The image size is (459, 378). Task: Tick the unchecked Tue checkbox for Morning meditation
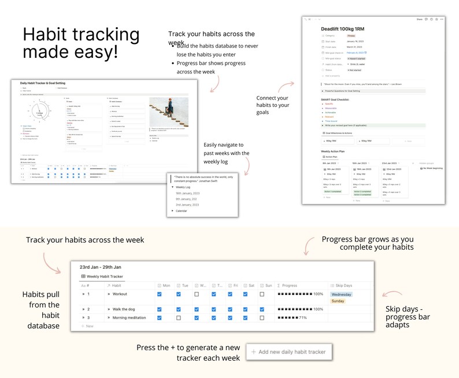[x=179, y=317]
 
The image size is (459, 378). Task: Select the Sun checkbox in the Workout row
[x=262, y=294]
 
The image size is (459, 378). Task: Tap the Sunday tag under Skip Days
[x=338, y=301]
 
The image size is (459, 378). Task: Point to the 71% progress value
[x=303, y=317]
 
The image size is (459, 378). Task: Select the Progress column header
[x=290, y=285]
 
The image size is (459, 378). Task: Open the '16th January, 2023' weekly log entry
[x=187, y=193]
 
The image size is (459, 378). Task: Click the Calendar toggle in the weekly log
[x=181, y=211]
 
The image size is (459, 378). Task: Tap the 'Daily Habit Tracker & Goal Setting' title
[x=51, y=84]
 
